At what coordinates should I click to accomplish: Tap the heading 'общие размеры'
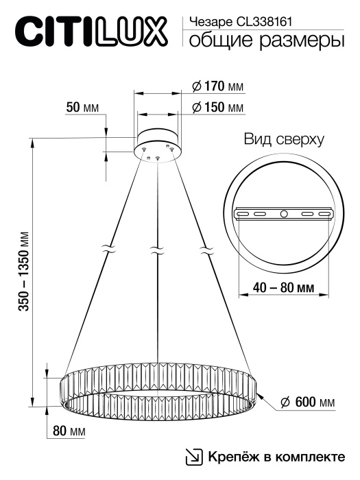(266, 42)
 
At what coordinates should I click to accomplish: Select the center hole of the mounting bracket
(284, 215)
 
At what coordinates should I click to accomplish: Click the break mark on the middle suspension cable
(158, 250)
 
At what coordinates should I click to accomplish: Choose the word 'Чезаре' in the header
(205, 22)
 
